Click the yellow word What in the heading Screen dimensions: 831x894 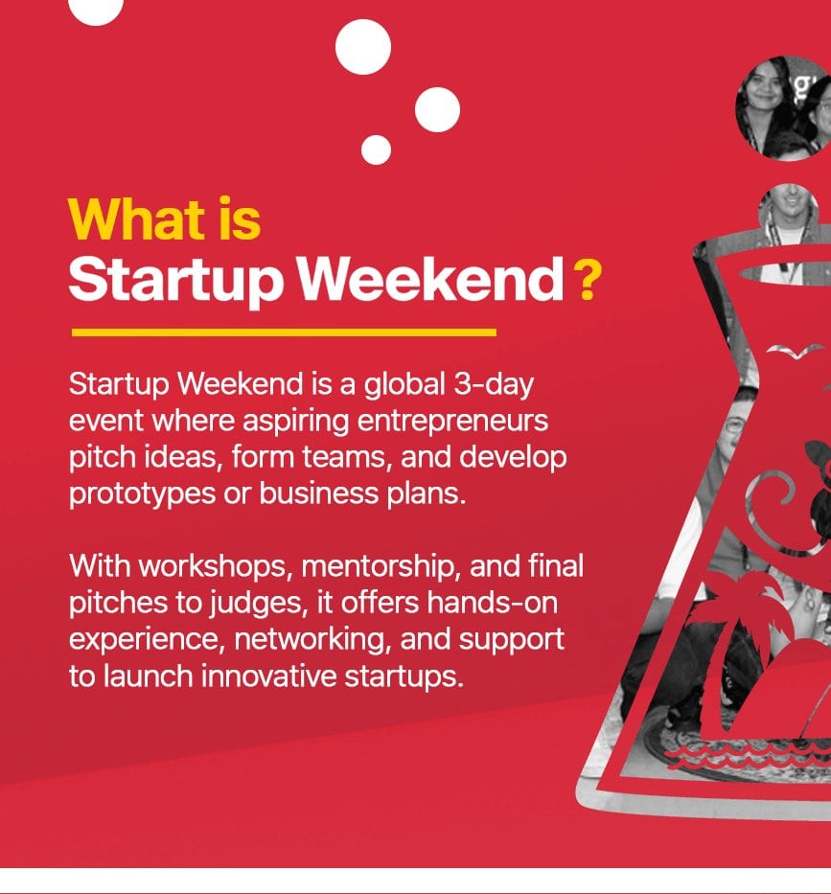click(136, 218)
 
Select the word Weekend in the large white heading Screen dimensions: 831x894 click(431, 279)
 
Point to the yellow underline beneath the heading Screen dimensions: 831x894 click(284, 332)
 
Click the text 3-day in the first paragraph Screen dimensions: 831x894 click(494, 384)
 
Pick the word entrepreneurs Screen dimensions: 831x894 click(452, 422)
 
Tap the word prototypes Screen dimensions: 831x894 click(142, 493)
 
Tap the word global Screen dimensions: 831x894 click(404, 384)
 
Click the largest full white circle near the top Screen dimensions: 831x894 click(363, 47)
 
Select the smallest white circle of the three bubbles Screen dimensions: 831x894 click(376, 149)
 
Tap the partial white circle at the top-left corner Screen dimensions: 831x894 click(96, 11)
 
